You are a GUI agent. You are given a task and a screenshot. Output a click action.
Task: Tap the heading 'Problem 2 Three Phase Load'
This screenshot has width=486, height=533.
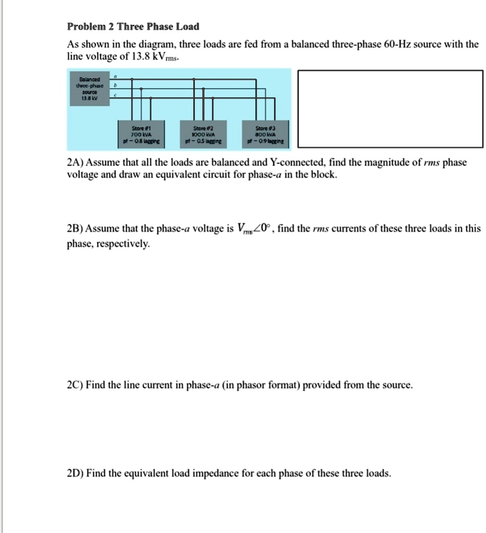133,27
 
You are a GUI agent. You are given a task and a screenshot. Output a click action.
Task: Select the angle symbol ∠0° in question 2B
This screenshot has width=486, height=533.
262,229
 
